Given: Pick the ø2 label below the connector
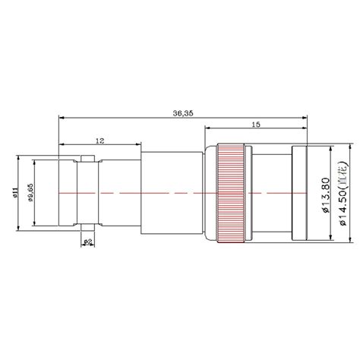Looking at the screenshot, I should [x=87, y=242].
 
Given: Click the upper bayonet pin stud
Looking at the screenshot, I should [x=87, y=158].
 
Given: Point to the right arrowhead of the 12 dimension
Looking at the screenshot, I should [x=139, y=147].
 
